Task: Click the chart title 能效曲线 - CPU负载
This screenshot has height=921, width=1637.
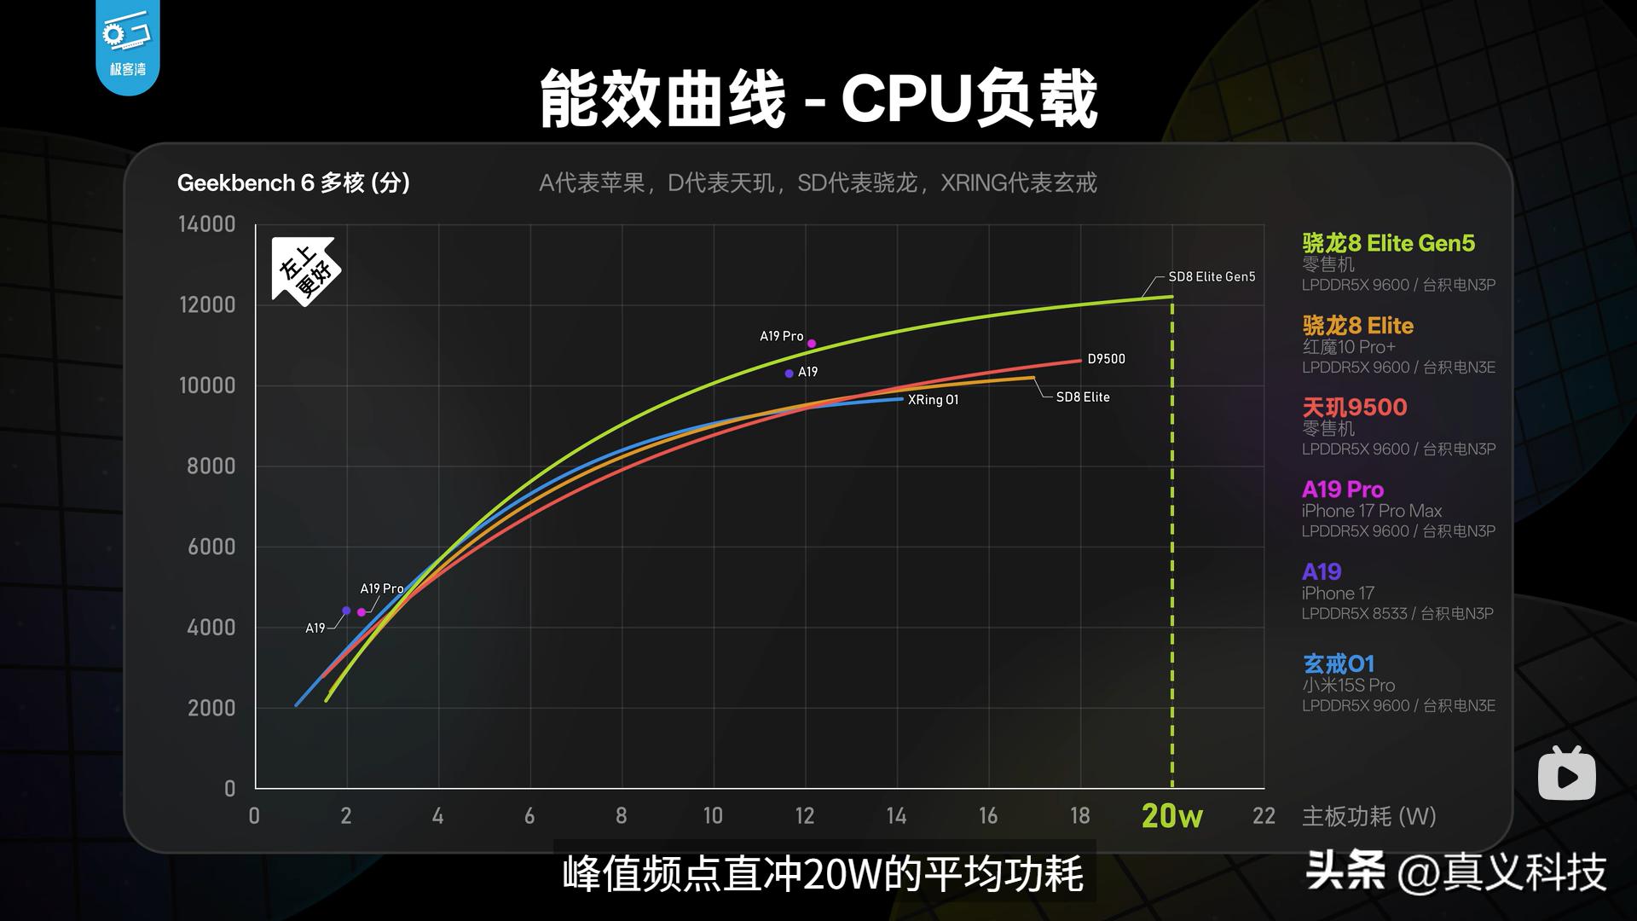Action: point(818,100)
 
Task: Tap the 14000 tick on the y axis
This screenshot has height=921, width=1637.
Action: point(206,224)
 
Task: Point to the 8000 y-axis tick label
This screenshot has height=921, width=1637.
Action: point(211,466)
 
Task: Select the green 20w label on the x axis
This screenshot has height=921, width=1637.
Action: point(1171,816)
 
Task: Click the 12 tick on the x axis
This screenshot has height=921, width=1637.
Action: point(804,816)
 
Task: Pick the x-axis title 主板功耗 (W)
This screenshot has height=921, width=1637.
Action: point(1368,816)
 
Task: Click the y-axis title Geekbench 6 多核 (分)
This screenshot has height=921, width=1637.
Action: point(293,182)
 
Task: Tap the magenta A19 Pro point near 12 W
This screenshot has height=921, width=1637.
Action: point(812,344)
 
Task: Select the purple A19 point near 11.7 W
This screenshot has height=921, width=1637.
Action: point(790,374)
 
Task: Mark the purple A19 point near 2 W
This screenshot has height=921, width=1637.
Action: point(346,611)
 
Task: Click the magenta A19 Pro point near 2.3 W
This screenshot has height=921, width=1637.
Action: point(362,612)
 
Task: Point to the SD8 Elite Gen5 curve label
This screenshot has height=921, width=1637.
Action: point(1211,277)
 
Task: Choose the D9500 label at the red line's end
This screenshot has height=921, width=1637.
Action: point(1106,359)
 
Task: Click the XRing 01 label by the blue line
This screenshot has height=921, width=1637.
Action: point(933,400)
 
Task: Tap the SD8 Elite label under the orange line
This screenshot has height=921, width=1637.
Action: point(1082,397)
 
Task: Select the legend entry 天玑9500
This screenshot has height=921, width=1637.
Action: point(1354,408)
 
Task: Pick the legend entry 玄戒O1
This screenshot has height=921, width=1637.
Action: point(1338,663)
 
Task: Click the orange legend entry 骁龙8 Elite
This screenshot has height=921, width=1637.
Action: point(1357,326)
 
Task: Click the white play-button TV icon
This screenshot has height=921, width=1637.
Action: point(1566,774)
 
